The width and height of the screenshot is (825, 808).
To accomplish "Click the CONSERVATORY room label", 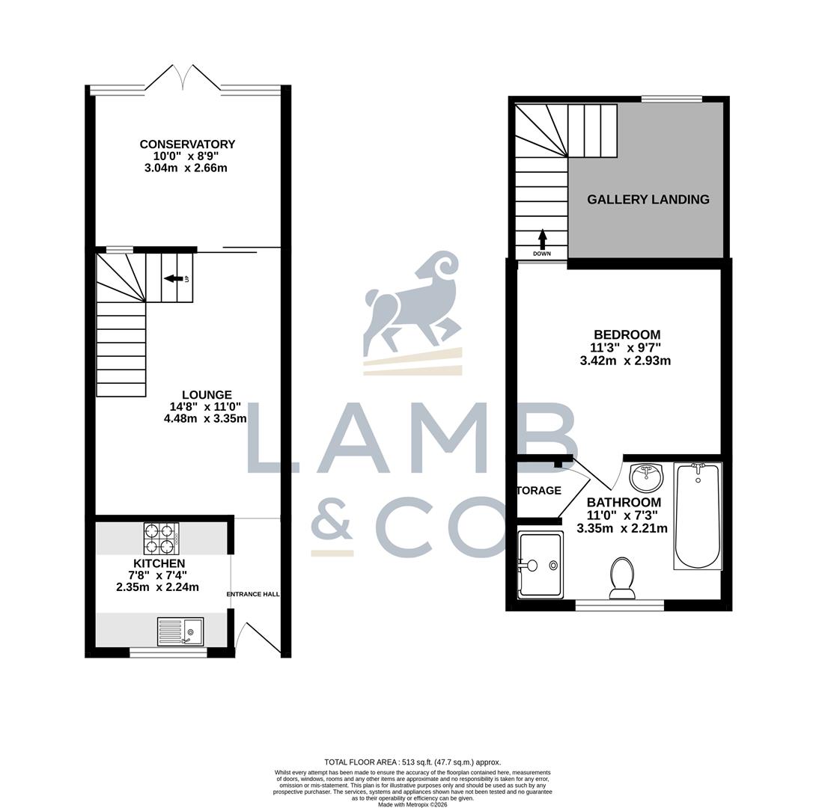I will (187, 144).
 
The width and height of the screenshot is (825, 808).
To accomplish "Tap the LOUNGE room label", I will (207, 395).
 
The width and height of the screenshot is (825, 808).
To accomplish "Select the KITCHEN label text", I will (159, 563).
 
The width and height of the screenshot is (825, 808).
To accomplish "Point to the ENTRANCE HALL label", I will (253, 594).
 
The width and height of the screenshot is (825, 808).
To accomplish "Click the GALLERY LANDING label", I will (648, 200).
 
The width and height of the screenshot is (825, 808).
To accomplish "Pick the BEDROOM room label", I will (627, 334).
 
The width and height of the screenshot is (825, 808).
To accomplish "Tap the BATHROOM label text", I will (624, 503).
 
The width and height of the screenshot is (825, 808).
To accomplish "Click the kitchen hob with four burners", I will (161, 537).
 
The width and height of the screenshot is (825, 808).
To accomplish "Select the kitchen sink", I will (180, 631).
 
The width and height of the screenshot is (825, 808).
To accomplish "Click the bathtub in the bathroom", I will (698, 515).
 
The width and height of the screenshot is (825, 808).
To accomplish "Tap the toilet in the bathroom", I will (622, 578).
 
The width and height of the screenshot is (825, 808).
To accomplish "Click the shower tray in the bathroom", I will (540, 564).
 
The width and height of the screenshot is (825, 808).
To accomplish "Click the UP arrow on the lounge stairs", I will (173, 279).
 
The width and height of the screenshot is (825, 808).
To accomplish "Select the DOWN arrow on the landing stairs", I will (542, 240).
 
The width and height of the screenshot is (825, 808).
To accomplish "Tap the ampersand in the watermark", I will (332, 520).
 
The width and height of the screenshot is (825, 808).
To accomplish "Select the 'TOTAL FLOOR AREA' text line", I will (412, 762).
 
